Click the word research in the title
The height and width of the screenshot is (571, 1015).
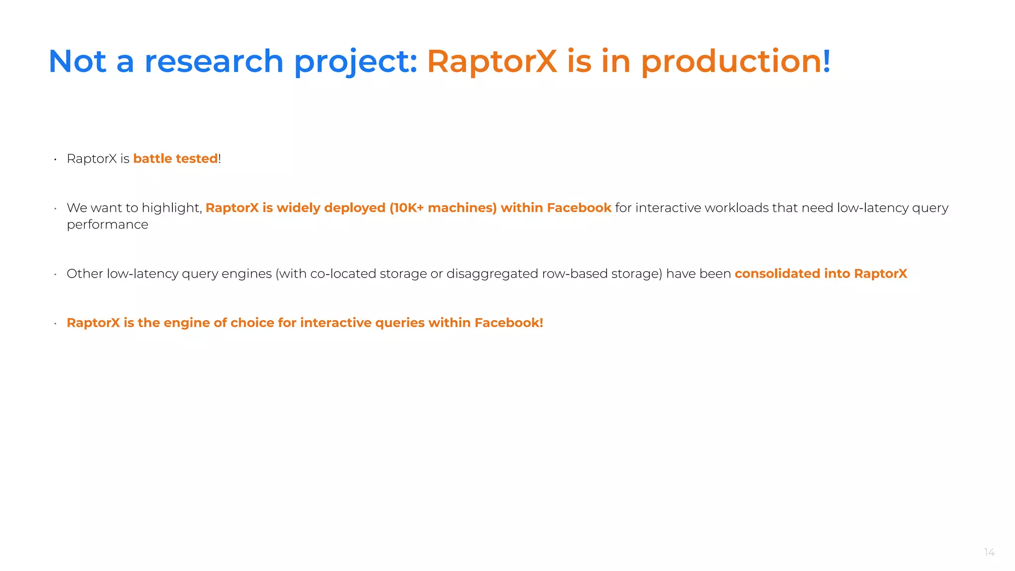pos(213,61)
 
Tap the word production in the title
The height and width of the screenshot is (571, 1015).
pos(731,61)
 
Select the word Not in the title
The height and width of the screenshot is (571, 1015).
pos(77,61)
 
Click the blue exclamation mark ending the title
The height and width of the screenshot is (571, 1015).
pos(827,61)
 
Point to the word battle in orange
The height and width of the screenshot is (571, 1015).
pos(153,159)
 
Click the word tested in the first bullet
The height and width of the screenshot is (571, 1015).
pos(197,159)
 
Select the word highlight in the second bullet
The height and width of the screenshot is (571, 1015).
pos(171,208)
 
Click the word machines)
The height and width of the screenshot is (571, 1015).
pos(462,208)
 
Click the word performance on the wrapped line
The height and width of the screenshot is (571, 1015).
pos(108,225)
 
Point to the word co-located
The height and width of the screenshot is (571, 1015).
pos(343,274)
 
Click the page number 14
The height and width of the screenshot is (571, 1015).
pos(989,552)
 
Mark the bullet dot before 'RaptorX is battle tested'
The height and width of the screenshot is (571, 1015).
pos(56,160)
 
